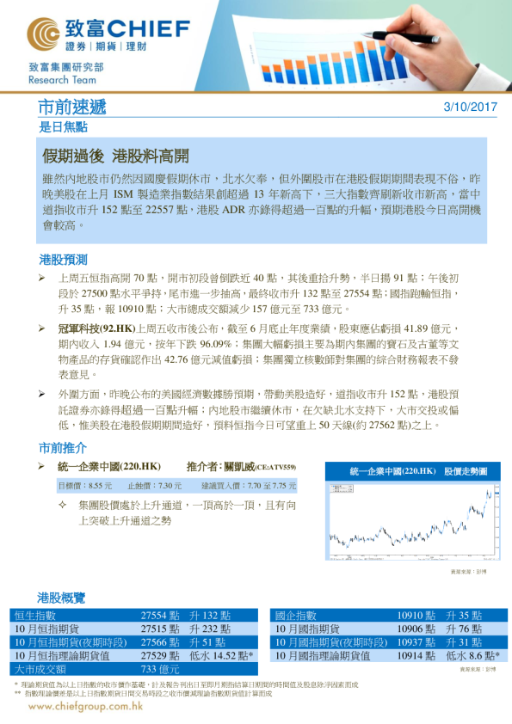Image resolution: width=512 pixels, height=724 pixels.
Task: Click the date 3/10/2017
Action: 470,107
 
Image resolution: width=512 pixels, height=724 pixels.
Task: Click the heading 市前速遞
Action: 73,107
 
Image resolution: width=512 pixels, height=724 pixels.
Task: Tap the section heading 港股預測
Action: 63,259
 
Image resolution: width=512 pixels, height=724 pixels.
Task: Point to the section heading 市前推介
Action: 63,448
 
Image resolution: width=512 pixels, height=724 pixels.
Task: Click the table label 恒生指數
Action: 36,616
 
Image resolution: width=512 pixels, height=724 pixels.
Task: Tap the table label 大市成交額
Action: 41,669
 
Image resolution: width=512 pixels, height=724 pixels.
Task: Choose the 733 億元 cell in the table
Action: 160,669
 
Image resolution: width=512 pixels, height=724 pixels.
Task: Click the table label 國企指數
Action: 296,616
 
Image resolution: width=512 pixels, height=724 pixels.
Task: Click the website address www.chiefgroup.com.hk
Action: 85,707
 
